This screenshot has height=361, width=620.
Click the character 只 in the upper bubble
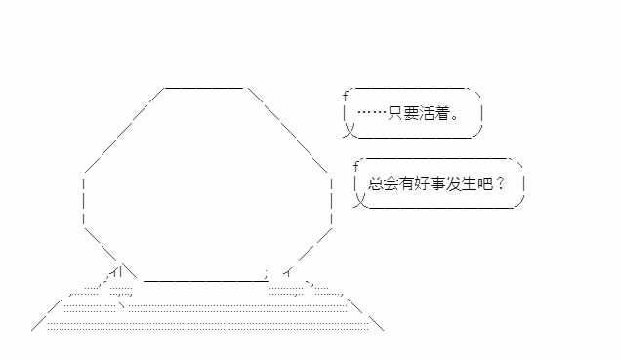[x=395, y=113]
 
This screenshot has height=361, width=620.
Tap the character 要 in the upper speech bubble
[x=411, y=113]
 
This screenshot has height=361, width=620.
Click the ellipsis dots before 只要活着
[x=372, y=113]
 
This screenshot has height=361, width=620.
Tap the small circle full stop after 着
[x=454, y=117]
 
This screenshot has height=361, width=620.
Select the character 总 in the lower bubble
[x=375, y=183]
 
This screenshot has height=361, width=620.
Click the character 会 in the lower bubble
[x=392, y=183]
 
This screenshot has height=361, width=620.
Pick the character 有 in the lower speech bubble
[x=406, y=183]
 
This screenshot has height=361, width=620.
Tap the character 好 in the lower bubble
[x=422, y=183]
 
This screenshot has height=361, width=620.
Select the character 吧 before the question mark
[x=484, y=183]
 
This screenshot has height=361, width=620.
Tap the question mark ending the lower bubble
[x=500, y=183]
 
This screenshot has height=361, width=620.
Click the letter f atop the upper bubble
[x=346, y=96]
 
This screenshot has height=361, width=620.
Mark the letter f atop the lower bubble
[x=355, y=166]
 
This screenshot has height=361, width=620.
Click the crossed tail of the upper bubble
[x=350, y=130]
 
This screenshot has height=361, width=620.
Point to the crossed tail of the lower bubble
[x=360, y=200]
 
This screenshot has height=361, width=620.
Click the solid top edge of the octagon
[x=204, y=88]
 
